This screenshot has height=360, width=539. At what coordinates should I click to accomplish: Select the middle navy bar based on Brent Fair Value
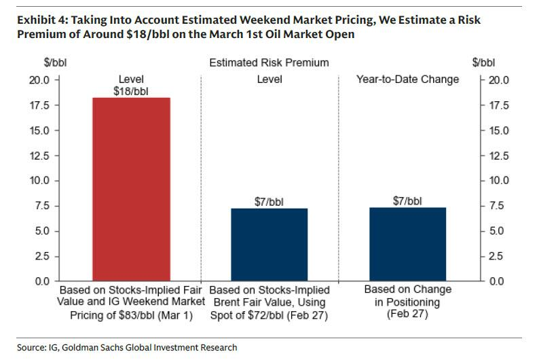pyautogui.click(x=269, y=244)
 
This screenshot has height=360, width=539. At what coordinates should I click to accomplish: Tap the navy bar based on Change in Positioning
pyautogui.click(x=407, y=244)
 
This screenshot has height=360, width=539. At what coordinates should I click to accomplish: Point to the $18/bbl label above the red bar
pyautogui.click(x=131, y=90)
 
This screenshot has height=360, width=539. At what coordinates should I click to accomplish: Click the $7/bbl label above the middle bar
pyautogui.click(x=269, y=200)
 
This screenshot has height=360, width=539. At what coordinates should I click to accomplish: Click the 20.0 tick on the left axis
pyautogui.click(x=40, y=80)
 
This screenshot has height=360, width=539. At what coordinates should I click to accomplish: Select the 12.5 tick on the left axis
pyautogui.click(x=40, y=156)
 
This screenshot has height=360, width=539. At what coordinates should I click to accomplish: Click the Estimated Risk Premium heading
pyautogui.click(x=269, y=62)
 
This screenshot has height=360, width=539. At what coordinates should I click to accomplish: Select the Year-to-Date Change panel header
pyautogui.click(x=407, y=79)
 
